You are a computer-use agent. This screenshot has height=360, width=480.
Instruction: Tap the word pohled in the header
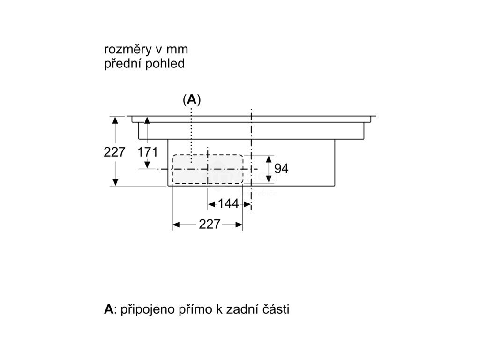(165, 64)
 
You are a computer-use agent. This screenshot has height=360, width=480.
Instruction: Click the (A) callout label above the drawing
(191, 99)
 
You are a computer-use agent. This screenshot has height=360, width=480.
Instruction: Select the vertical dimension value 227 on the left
(115, 152)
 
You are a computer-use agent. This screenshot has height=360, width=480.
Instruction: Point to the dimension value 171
(147, 152)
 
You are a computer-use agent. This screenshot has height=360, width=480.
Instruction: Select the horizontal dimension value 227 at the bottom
(209, 225)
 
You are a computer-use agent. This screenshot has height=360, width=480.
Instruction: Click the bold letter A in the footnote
(108, 309)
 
